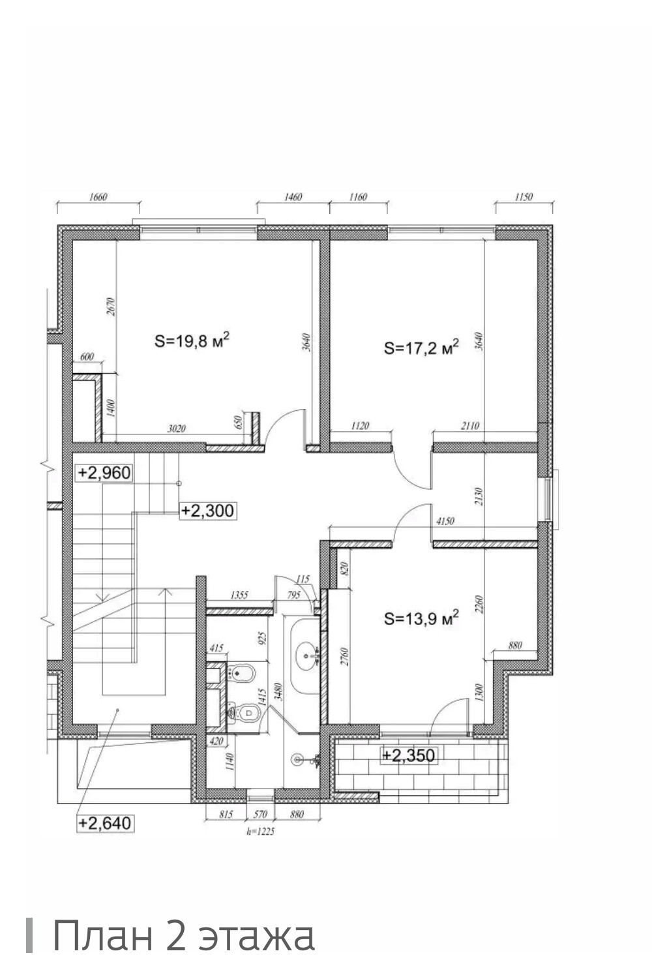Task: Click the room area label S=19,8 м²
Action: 192,340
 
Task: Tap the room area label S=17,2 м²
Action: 421,348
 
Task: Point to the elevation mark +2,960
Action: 104,472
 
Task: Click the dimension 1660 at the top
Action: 98,197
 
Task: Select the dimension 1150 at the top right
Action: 524,197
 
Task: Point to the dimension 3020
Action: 177,429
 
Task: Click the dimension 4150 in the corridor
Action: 445,520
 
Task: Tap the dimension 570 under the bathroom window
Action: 260,814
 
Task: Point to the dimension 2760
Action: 345,656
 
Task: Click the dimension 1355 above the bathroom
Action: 239,595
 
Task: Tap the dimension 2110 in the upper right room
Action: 470,425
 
